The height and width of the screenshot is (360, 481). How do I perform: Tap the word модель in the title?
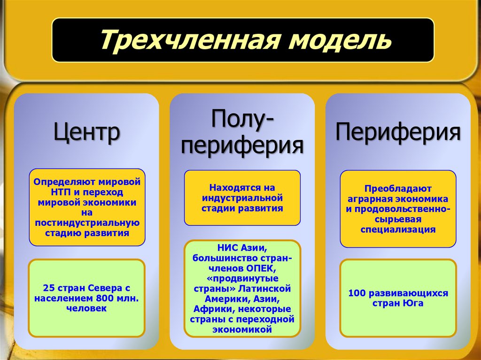(336, 40)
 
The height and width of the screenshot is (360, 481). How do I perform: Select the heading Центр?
(87, 132)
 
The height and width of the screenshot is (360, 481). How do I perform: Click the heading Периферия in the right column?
(398, 132)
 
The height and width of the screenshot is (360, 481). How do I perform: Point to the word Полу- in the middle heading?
(242, 121)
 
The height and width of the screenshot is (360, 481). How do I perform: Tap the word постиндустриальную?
(87, 222)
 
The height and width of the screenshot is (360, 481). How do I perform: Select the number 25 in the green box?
(48, 288)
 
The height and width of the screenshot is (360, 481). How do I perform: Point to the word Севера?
(107, 288)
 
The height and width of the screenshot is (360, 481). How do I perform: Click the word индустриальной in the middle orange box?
(242, 198)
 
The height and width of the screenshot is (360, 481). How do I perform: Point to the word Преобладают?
(398, 189)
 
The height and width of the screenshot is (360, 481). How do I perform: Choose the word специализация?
(398, 230)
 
